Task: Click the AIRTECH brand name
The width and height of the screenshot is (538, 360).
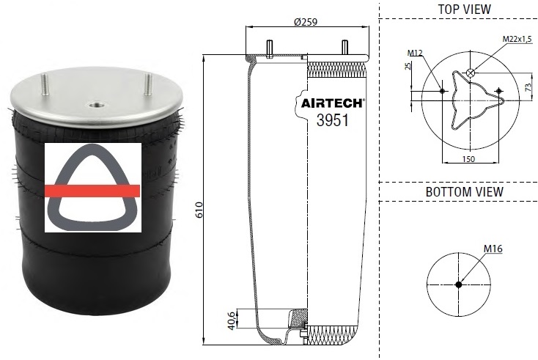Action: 334,104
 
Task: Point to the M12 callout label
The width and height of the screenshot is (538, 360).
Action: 416,53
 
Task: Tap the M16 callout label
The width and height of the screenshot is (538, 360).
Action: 493,249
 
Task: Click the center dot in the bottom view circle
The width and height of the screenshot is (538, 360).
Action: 459,284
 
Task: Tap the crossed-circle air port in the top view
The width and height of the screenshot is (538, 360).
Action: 471,72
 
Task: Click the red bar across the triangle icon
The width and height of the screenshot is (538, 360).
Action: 92,191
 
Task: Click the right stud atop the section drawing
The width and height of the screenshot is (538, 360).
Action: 343,47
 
